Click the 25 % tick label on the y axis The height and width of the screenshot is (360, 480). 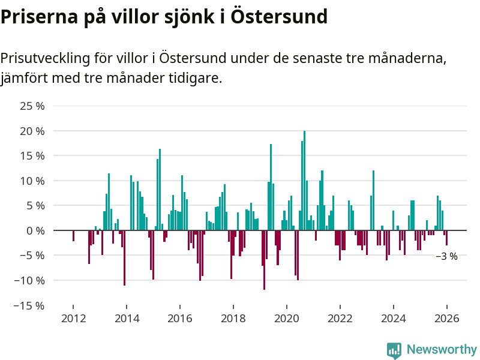(x=32, y=106)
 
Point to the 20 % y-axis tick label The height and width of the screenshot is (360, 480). (x=32, y=131)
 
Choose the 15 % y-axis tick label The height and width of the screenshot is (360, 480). (x=32, y=156)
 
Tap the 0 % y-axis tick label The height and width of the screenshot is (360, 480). (x=35, y=230)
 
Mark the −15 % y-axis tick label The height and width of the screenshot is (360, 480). (x=30, y=305)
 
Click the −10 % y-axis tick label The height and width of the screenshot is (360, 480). (x=30, y=280)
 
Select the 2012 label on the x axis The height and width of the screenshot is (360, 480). (x=73, y=319)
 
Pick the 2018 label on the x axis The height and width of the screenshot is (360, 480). (x=233, y=319)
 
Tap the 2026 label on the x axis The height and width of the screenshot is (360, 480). (x=447, y=319)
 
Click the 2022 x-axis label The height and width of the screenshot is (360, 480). (x=340, y=319)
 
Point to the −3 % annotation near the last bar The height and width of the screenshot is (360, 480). (x=446, y=256)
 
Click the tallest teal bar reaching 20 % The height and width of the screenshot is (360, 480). (x=304, y=180)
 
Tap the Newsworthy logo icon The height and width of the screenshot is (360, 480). (x=394, y=350)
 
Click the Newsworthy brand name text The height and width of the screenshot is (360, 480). (x=442, y=349)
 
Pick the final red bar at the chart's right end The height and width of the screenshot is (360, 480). (x=446, y=238)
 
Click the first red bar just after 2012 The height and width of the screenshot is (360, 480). (x=73, y=236)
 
